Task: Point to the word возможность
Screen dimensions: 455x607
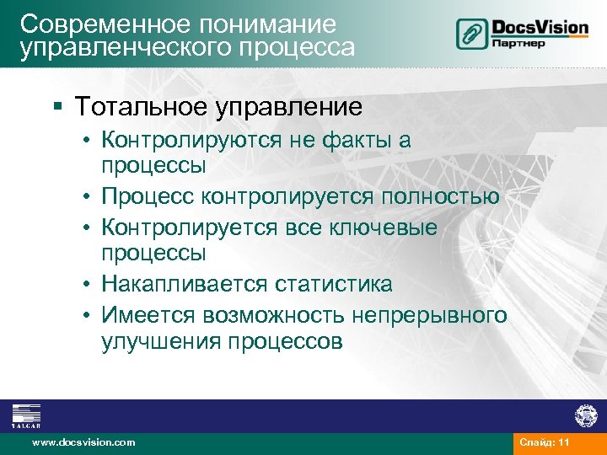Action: coord(273,315)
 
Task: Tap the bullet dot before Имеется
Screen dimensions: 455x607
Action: coord(88,315)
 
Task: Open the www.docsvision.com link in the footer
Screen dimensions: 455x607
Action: coord(83,442)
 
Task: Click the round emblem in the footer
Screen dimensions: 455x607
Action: coord(584,415)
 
